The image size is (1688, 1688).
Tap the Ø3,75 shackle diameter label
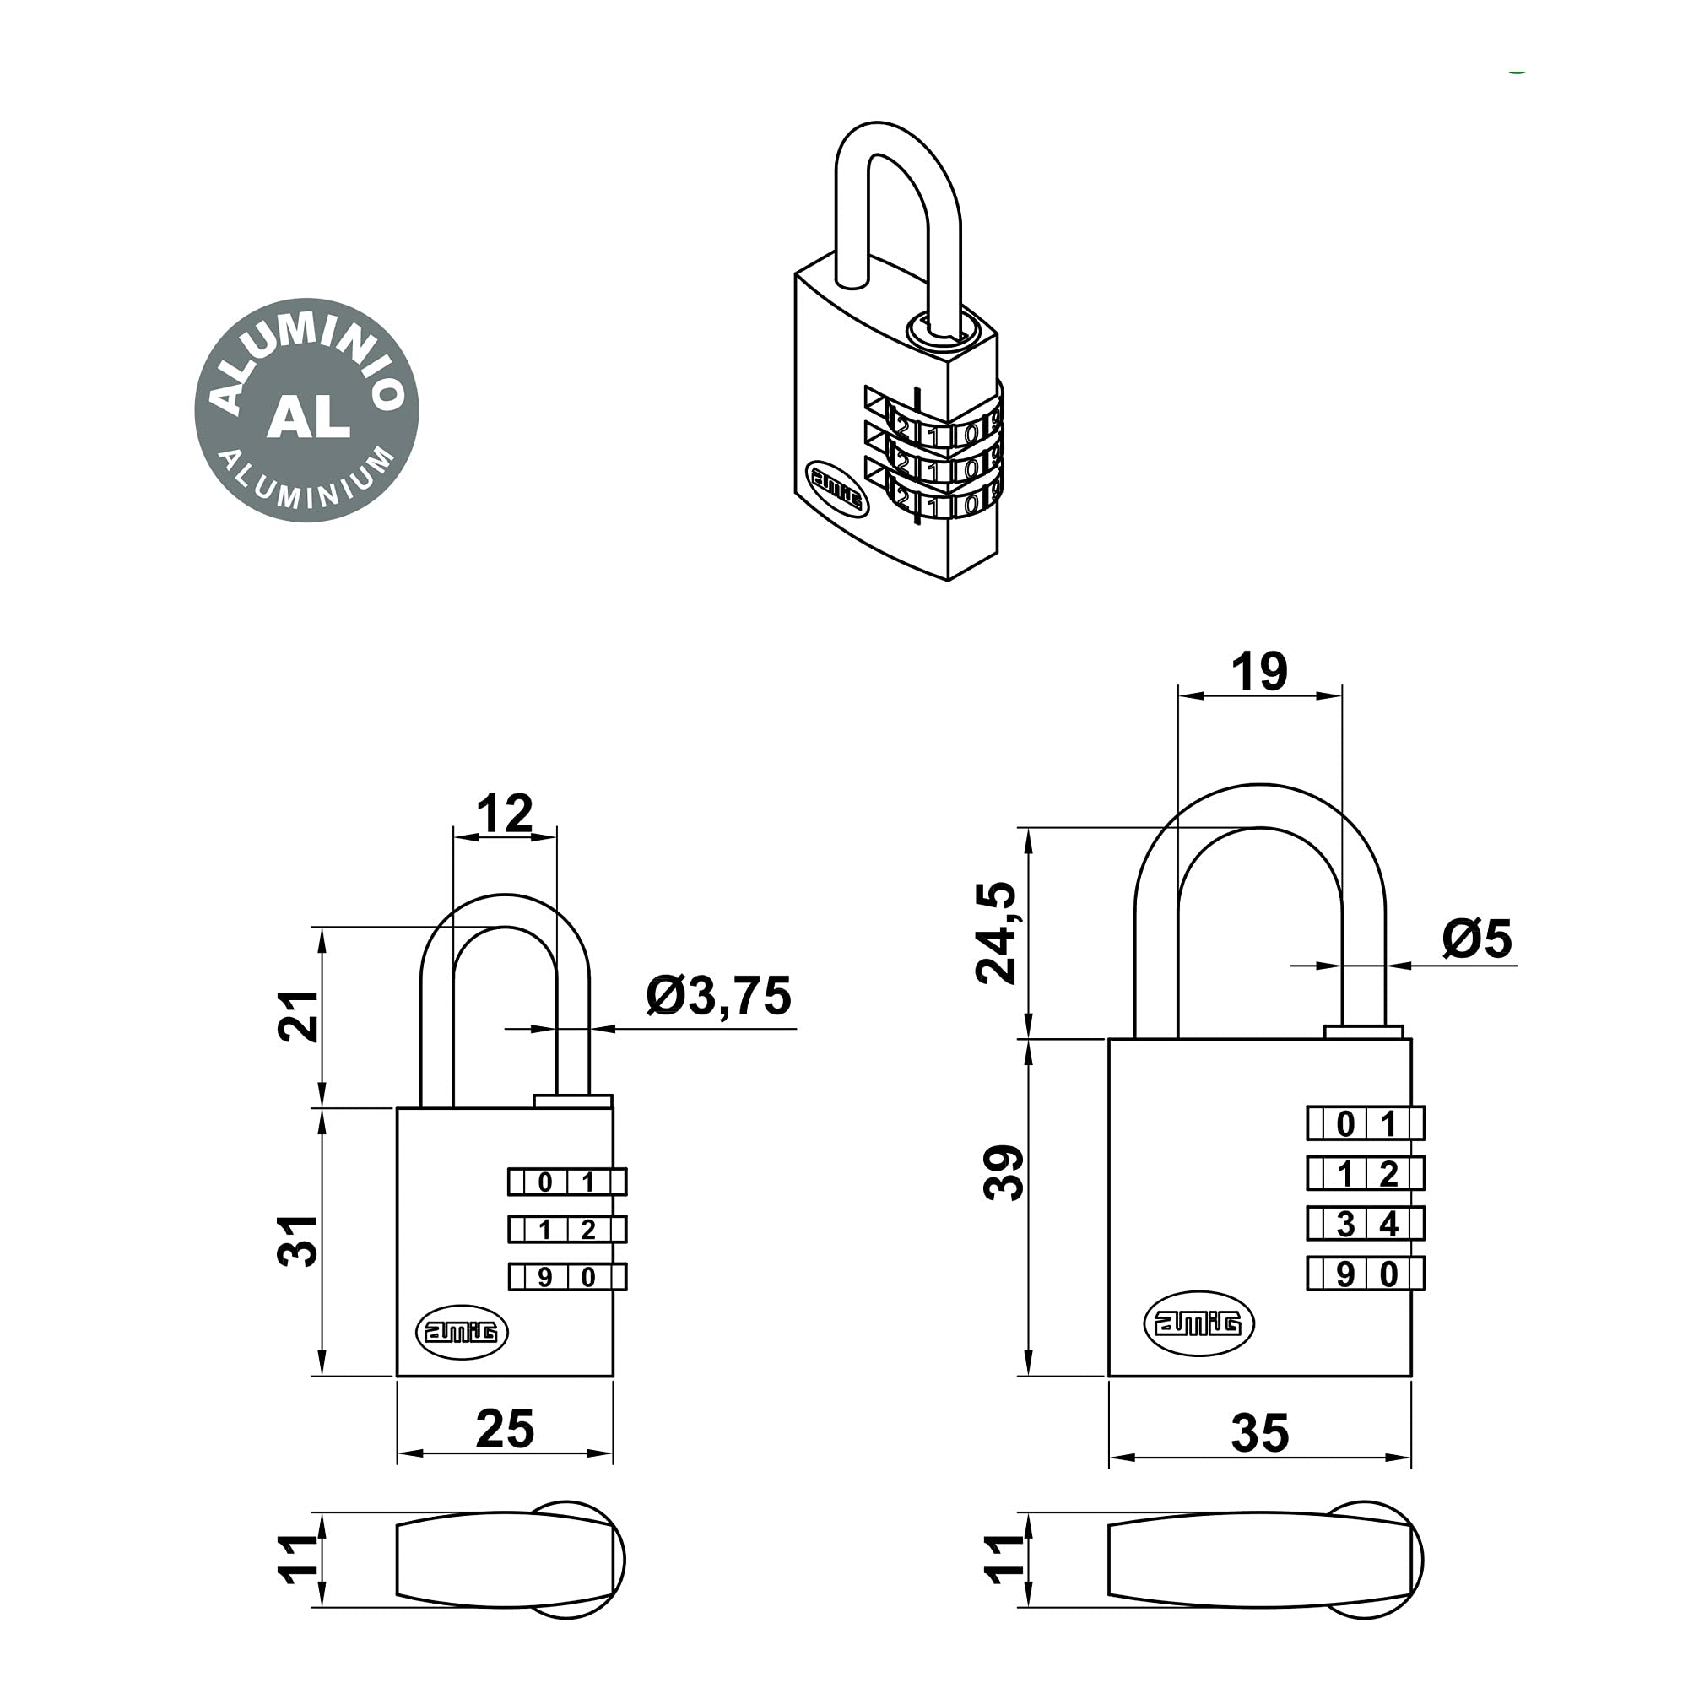pos(718,995)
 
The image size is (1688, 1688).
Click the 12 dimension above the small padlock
pos(505,814)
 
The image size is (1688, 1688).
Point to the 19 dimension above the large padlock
pos(1259,672)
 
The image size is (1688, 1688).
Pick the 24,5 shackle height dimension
pos(997,933)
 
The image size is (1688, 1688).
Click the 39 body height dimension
pos(1004,1172)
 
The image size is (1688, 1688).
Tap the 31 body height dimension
pos(298,1241)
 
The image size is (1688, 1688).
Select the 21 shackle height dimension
pos(298,1016)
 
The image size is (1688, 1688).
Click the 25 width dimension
pos(505,1430)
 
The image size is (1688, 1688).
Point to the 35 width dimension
pos(1260,1434)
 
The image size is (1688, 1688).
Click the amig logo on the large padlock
pos(1198,1323)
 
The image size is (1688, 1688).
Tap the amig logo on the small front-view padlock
pos(462,1332)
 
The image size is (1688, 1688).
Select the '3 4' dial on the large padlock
pos(1366,1223)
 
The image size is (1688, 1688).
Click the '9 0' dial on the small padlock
pos(568,1277)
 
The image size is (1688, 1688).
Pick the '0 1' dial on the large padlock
pos(1366,1123)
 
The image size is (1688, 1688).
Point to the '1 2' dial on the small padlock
pos(568,1230)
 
